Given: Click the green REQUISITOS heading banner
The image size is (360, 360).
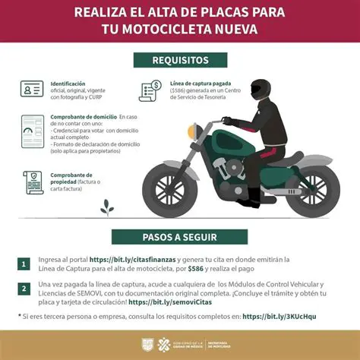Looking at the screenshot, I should coord(180,59).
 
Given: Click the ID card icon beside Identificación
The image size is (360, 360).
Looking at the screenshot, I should coord(32,89).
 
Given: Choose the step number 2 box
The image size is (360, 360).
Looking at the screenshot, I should coord(24,289).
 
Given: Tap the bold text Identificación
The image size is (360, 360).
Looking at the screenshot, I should coord(68,83).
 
